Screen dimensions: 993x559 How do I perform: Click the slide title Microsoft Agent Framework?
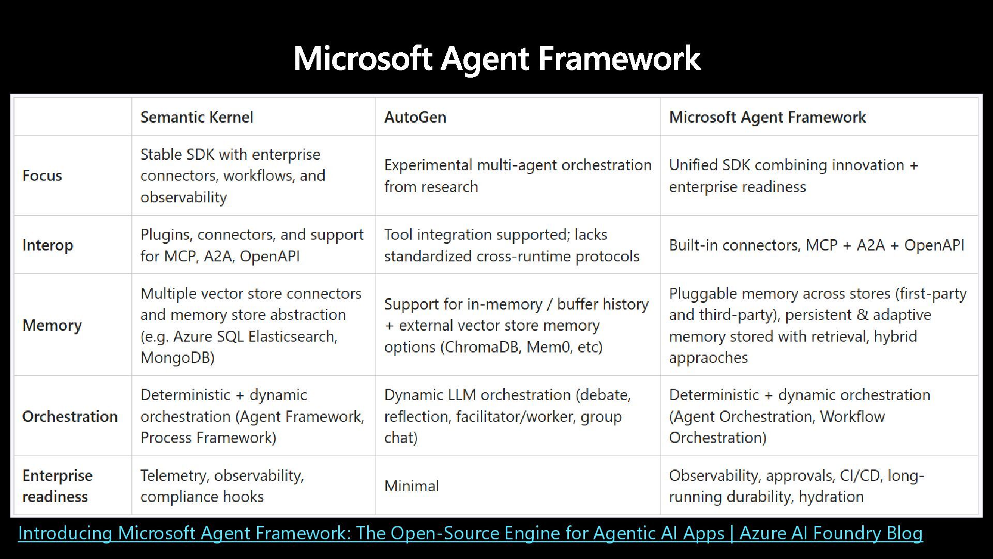[496, 57]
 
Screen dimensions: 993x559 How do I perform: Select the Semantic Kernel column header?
[197, 117]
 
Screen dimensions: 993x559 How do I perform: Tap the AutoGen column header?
[415, 117]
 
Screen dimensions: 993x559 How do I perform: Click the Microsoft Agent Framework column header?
[767, 117]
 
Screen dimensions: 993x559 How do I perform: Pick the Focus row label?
[42, 175]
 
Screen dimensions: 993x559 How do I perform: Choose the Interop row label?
[48, 245]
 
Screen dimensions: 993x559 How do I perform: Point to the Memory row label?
[52, 325]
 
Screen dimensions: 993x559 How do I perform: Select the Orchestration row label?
[70, 416]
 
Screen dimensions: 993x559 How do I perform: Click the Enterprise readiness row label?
[57, 486]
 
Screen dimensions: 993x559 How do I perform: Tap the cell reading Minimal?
[411, 486]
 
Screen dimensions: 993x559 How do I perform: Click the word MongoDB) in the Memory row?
[177, 357]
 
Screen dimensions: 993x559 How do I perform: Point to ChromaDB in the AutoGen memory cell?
[481, 347]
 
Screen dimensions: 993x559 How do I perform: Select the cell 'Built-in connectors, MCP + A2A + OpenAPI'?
[816, 245]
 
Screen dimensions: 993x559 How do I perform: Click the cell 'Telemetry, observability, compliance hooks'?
[222, 486]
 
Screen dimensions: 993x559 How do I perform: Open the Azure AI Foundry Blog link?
[470, 533]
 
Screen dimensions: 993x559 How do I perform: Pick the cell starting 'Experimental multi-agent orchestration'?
[517, 175]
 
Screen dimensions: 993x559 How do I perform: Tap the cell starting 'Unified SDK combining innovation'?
[793, 175]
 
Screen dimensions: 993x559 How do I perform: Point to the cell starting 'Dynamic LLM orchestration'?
[507, 416]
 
